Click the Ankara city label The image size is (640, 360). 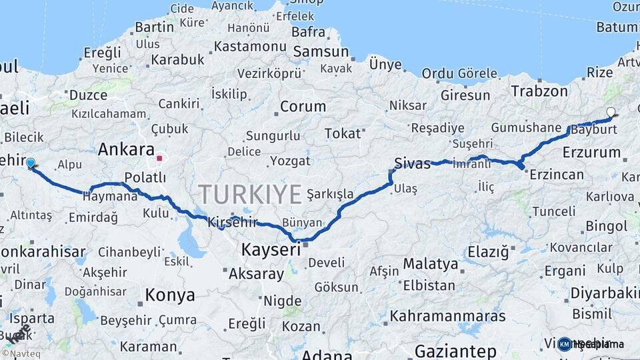[126, 150]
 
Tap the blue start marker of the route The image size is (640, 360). [30, 163]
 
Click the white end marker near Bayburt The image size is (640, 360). [611, 113]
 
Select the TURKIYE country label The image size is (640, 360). [251, 194]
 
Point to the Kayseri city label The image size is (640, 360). [271, 250]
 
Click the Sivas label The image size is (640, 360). [412, 163]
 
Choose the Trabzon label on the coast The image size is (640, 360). [539, 91]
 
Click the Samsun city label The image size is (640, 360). [321, 51]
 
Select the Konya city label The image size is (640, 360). [170, 295]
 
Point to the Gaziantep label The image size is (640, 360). [455, 351]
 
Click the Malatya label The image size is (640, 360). [431, 263]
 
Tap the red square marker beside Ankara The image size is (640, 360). [159, 159]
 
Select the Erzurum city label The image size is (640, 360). [591, 152]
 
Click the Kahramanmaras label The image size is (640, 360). [447, 315]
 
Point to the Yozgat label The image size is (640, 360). [290, 161]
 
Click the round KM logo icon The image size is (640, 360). [565, 344]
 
